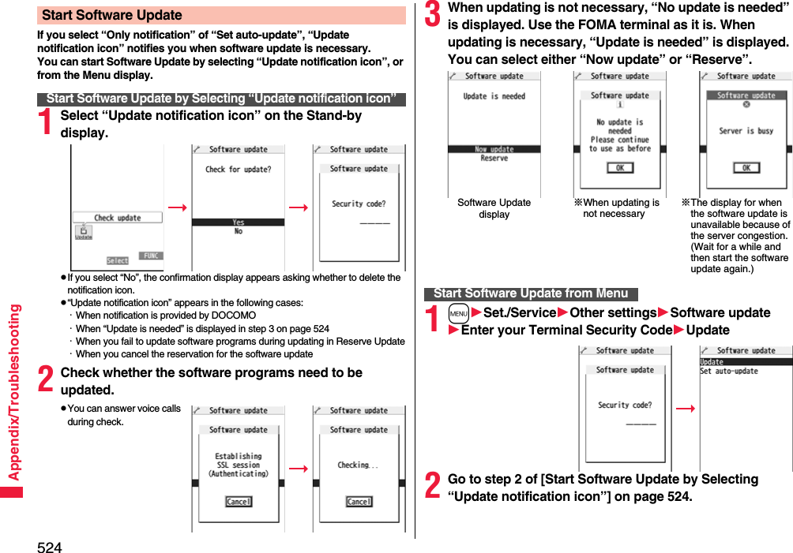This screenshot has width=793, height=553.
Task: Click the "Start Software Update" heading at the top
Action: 112,16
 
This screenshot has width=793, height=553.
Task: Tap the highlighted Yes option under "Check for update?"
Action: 238,222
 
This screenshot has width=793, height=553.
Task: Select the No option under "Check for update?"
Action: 238,232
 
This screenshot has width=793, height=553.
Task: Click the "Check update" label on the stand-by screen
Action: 117,218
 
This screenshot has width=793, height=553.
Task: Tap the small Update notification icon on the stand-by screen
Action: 83,232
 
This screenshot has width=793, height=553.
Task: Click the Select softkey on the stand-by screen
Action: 118,260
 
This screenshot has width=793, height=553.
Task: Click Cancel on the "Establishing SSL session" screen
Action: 238,502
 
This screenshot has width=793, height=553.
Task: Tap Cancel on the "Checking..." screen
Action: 359,502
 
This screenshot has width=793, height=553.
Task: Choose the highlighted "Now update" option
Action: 494,148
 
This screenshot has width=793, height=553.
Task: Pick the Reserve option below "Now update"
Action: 494,158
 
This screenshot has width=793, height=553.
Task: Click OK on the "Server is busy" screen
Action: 746,167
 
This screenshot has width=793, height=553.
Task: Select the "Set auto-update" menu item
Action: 728,372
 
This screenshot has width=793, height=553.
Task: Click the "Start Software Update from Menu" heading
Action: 530,293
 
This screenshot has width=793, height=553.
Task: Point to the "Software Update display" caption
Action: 494,208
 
